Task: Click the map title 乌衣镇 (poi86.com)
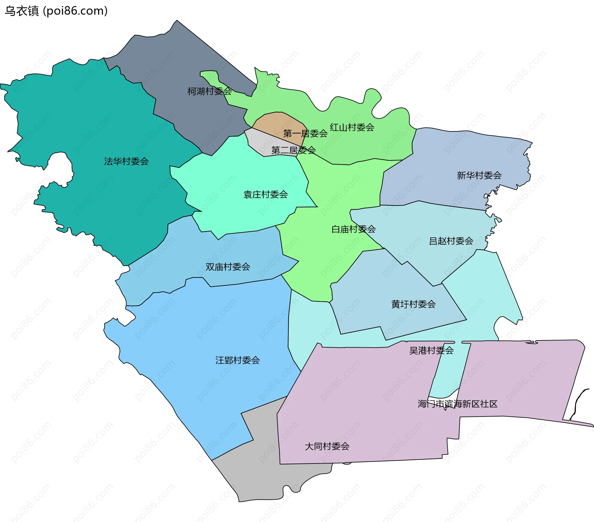[x=56, y=11]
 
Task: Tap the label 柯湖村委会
[x=209, y=91]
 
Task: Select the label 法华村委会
[x=126, y=161]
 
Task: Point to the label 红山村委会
[x=352, y=127]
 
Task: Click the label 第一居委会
[x=305, y=134]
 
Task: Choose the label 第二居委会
[x=293, y=150]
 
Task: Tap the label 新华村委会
[x=479, y=176]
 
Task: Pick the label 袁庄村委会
[x=265, y=195]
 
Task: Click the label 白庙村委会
[x=353, y=229]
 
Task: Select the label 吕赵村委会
[x=451, y=241]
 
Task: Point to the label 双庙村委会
[x=228, y=267]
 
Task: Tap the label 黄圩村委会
[x=413, y=304]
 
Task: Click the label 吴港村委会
[x=431, y=350]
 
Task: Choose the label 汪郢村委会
[x=237, y=360]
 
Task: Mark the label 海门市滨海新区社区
[x=457, y=404]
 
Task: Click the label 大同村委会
[x=327, y=447]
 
